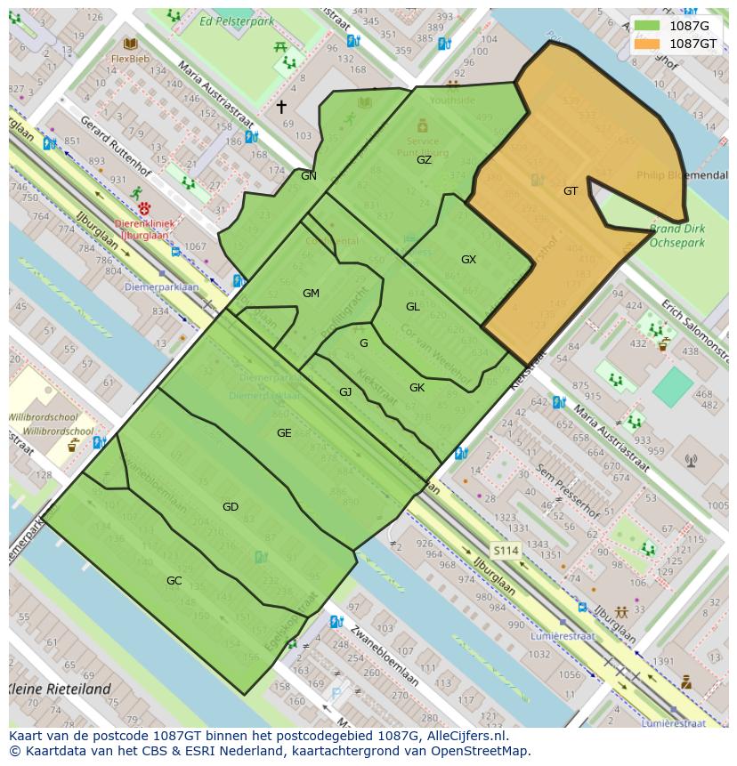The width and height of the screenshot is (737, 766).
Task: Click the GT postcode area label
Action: point(571,190)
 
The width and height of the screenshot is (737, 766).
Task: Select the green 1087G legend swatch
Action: point(648,26)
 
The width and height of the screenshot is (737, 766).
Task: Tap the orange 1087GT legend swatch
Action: point(648,43)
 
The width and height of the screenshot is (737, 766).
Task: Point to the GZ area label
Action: point(424,160)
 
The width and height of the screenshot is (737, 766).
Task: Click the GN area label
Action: point(309,176)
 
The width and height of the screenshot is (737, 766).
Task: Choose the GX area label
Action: point(468,260)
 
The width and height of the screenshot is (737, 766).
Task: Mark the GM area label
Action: point(311,294)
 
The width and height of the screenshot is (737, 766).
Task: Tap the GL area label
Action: point(413,307)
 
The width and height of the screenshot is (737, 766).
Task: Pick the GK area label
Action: point(417,388)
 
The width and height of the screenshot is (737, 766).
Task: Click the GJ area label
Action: point(345,392)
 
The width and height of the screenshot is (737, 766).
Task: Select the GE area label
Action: point(284,433)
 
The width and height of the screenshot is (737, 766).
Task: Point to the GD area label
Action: point(231,507)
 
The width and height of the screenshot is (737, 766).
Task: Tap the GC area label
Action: point(174,581)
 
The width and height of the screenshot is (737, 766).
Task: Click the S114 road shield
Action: point(506,551)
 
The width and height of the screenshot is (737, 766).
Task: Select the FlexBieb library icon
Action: point(131,44)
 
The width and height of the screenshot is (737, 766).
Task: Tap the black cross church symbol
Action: point(281,107)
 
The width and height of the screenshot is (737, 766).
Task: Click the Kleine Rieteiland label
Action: point(61,689)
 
